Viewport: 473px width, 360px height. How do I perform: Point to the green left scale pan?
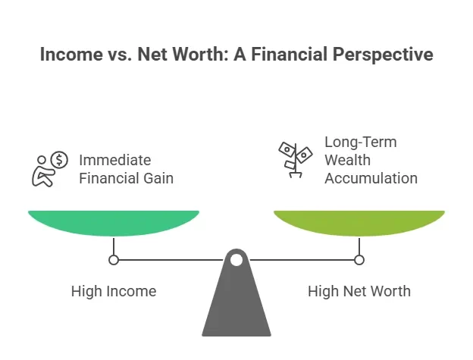[x=114, y=222]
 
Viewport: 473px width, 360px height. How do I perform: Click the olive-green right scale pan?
[x=359, y=222]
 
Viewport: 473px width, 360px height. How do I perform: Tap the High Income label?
[x=114, y=290]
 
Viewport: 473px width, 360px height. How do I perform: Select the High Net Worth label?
[x=359, y=290]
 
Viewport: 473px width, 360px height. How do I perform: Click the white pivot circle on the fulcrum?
[x=236, y=260]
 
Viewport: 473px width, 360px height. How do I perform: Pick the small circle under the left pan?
[x=114, y=260]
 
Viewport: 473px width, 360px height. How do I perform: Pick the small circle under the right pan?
[x=359, y=260]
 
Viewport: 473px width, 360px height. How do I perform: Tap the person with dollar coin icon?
[x=49, y=169]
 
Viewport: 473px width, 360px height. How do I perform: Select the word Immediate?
[x=115, y=160]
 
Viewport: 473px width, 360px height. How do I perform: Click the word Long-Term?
[x=360, y=142]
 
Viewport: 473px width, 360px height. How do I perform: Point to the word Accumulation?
[x=371, y=179]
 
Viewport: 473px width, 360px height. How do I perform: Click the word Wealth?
[x=346, y=160]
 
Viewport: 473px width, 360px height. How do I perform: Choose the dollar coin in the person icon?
[x=59, y=160]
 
